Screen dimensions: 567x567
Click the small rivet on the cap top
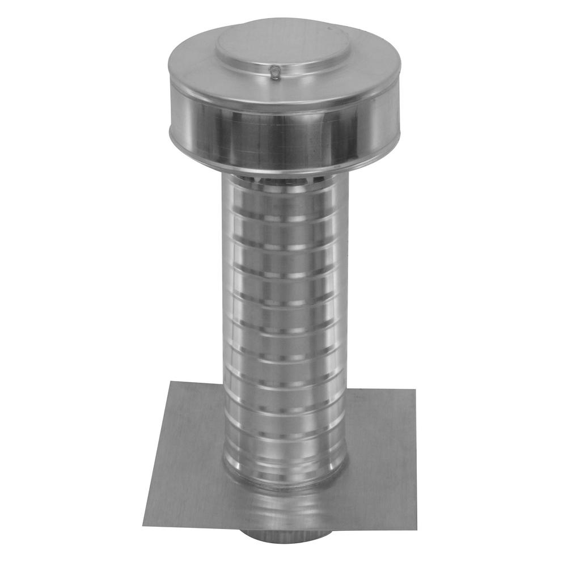(274, 72)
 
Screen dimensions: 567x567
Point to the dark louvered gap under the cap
(283, 180)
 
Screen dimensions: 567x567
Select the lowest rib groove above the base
(283, 454)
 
